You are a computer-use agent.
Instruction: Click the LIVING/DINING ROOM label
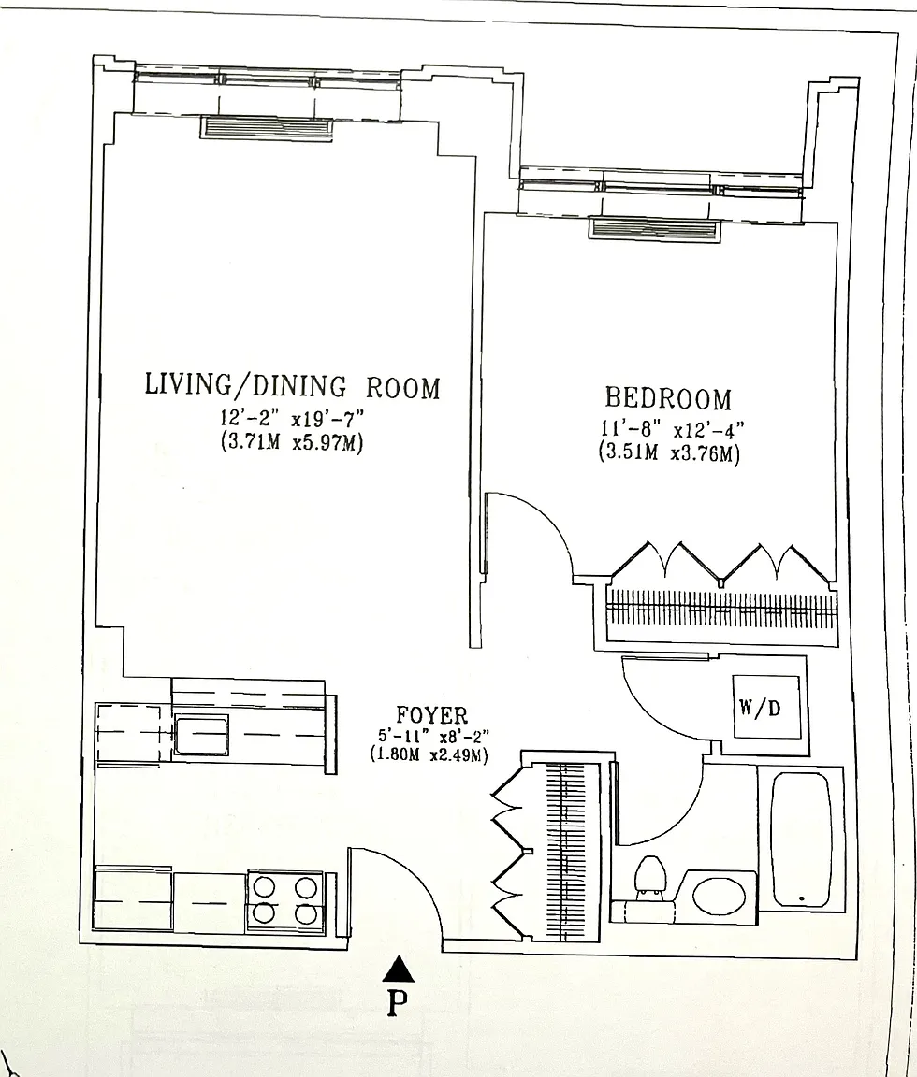click(x=292, y=387)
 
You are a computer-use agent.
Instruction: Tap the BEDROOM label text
click(x=668, y=398)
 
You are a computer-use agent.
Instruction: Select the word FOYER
click(x=431, y=716)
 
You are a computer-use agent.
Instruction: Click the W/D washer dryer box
click(x=766, y=707)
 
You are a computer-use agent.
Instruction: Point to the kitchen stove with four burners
click(x=285, y=900)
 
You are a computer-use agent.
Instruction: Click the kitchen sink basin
click(x=201, y=734)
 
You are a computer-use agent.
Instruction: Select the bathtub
click(x=800, y=840)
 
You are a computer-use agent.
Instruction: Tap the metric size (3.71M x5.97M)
click(x=291, y=442)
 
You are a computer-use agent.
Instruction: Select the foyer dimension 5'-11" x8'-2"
click(x=433, y=737)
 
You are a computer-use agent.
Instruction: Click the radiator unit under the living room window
click(x=267, y=128)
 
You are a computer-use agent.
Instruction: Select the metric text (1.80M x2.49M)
click(x=429, y=755)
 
